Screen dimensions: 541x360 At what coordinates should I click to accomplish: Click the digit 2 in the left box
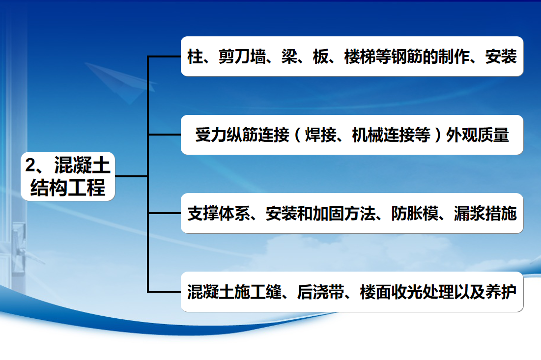click(30, 165)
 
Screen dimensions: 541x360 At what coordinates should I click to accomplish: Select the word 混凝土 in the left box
click(82, 165)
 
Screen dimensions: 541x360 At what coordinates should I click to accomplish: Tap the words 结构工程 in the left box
click(68, 188)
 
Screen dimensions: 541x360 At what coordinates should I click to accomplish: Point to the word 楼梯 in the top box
click(360, 56)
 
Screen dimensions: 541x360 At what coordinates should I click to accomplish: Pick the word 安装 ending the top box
click(501, 56)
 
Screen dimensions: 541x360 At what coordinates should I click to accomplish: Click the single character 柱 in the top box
click(195, 56)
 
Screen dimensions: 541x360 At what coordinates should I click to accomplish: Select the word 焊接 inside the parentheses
click(321, 135)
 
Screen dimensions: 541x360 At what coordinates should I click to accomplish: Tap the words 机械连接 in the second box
click(383, 135)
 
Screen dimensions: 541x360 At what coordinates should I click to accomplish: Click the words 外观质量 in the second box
click(478, 135)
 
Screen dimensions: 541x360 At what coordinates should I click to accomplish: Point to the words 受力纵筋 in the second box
click(227, 135)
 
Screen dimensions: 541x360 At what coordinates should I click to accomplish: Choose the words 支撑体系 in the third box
click(219, 214)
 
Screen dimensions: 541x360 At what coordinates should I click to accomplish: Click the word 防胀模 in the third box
click(415, 214)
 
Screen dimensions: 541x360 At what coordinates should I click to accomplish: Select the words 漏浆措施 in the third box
click(485, 214)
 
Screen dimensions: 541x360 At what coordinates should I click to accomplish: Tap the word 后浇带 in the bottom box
click(320, 292)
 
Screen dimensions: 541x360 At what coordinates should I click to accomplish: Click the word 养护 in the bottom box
click(501, 292)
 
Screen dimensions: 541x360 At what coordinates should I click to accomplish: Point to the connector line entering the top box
click(164, 56)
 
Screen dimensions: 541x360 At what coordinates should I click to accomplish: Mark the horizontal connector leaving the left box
click(131, 176)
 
